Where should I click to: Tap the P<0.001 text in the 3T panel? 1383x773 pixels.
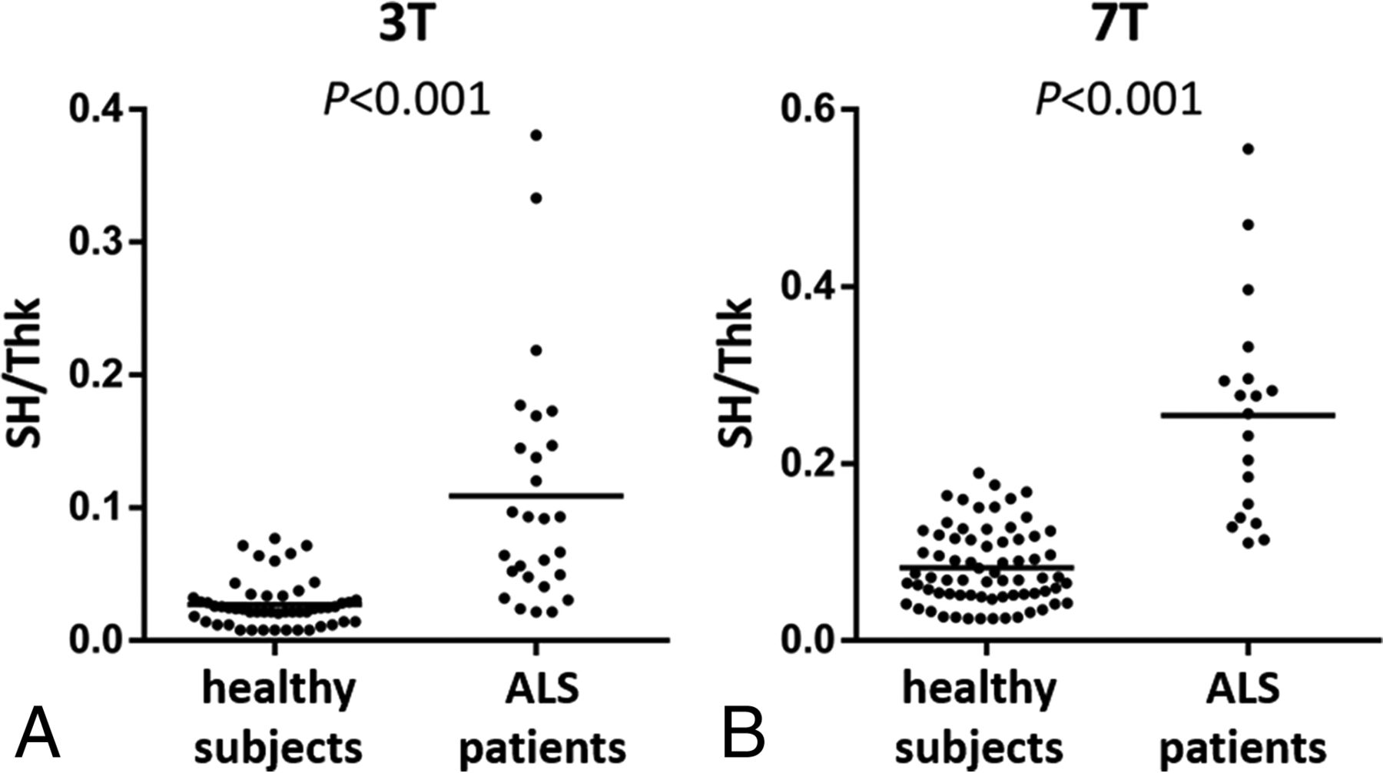[406, 100]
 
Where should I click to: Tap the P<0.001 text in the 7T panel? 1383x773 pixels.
[1119, 100]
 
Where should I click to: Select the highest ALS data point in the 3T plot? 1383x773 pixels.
[536, 135]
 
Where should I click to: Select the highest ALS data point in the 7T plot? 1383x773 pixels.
[1248, 149]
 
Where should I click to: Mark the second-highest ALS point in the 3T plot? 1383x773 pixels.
[536, 198]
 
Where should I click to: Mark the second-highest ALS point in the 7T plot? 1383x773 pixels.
[1248, 224]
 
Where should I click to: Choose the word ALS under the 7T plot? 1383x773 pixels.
[1246, 688]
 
